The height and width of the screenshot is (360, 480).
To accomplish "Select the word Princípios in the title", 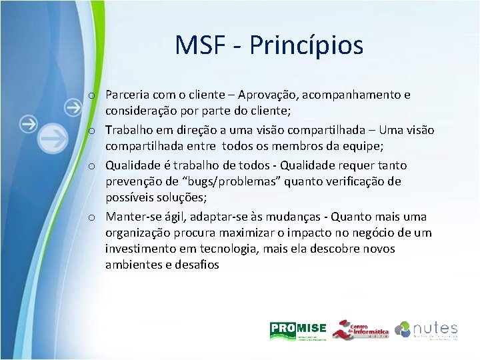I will pyautogui.click(x=308, y=45).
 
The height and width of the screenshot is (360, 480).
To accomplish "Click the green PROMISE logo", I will pyautogui.click(x=297, y=330).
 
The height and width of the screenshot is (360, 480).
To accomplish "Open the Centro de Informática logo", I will pyautogui.click(x=360, y=330).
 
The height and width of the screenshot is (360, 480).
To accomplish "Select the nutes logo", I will pyautogui.click(x=427, y=330).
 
